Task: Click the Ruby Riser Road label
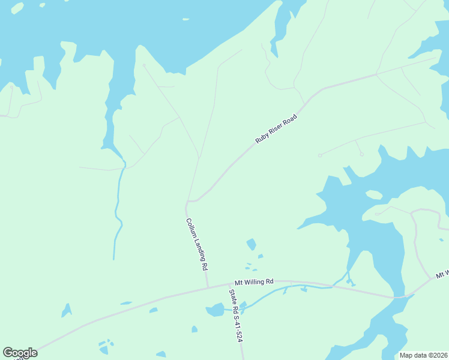[276, 128]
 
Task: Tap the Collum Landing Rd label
[196, 243]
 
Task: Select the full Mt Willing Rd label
[254, 281]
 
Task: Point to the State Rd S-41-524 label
[236, 316]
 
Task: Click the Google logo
[20, 353]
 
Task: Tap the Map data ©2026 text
[423, 355]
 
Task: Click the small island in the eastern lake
[374, 195]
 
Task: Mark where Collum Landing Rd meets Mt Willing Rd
[208, 287]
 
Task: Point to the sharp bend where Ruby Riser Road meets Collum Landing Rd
[188, 201]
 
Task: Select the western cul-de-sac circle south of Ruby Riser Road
[320, 155]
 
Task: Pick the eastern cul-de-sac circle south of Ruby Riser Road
[361, 154]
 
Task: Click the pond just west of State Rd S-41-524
[215, 310]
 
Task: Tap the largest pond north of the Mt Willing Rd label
[251, 244]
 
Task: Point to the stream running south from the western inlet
[118, 210]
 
